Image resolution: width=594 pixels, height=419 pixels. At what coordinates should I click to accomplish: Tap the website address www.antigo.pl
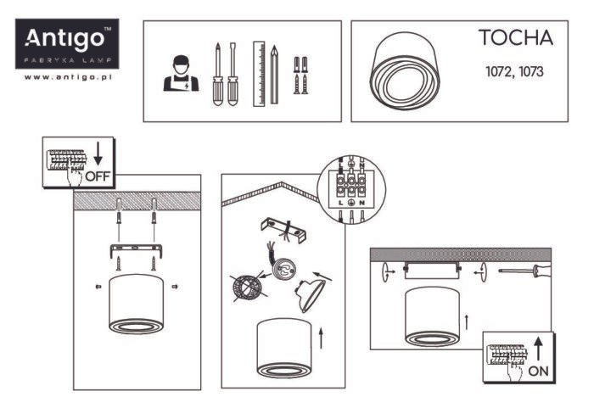(x=68, y=77)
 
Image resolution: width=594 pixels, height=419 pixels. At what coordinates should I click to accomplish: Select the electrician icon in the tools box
(x=181, y=74)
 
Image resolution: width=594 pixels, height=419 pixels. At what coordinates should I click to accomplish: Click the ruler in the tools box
(x=259, y=74)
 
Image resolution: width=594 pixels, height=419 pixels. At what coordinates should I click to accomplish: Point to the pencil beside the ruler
(x=274, y=75)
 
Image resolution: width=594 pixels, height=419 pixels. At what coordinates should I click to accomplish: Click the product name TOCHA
(x=516, y=38)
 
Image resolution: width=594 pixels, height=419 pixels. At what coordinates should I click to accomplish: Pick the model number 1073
(x=530, y=71)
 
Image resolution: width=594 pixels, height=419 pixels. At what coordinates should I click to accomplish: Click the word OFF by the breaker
(x=98, y=176)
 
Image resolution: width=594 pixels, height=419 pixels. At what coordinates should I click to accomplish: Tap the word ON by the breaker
(x=538, y=372)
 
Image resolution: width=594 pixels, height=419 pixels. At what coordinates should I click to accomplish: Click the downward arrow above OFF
(x=98, y=154)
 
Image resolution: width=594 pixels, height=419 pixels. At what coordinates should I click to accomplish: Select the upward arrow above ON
(x=538, y=349)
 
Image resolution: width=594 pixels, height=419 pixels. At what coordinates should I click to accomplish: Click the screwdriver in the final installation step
(x=524, y=271)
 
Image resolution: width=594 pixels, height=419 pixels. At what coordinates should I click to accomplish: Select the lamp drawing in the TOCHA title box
(x=405, y=70)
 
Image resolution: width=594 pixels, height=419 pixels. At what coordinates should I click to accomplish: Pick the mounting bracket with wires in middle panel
(x=283, y=230)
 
